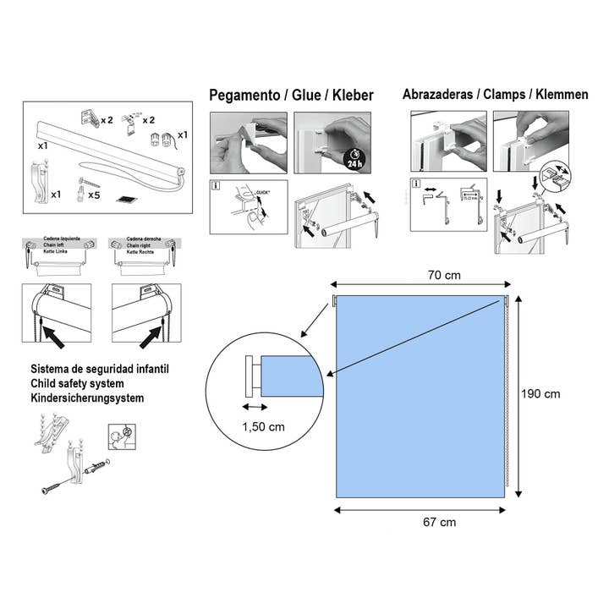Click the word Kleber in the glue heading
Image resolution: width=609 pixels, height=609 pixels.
click(x=353, y=96)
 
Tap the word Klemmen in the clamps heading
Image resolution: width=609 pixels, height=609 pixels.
click(x=558, y=95)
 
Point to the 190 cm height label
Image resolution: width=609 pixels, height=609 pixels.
click(x=541, y=393)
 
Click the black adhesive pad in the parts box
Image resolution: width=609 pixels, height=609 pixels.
click(x=128, y=200)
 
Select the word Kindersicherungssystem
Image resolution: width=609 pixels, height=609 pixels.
click(x=87, y=397)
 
